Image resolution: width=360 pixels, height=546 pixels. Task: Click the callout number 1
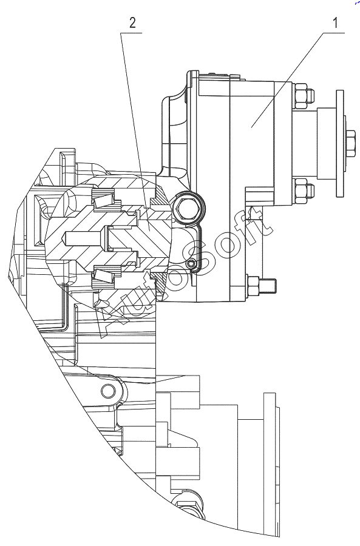point(335,23)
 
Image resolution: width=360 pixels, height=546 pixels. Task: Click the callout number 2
point(132,23)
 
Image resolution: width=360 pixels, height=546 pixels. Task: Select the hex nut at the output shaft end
point(351,143)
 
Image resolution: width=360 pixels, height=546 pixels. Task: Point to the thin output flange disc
point(340,143)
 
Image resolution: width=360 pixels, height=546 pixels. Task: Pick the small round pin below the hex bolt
point(190,264)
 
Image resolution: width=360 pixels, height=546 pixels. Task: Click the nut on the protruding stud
point(253,286)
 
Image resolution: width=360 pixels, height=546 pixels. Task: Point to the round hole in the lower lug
point(107,391)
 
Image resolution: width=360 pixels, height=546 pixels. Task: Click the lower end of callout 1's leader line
point(251,127)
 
